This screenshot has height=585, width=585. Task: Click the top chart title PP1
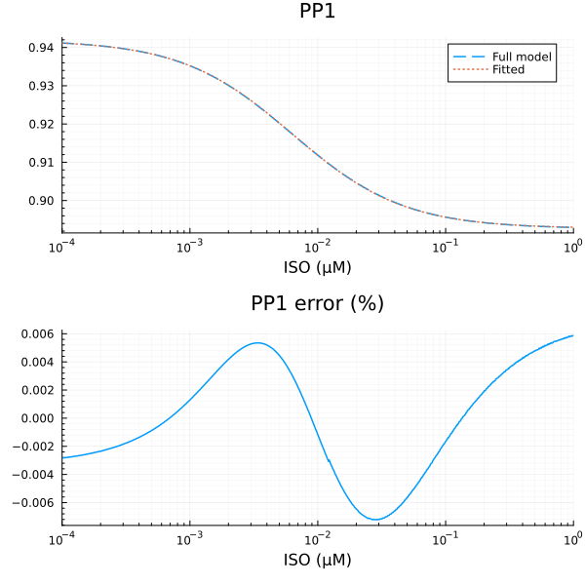point(318,13)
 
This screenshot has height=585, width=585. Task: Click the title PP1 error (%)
point(318,303)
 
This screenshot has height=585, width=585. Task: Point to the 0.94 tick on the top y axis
point(40,48)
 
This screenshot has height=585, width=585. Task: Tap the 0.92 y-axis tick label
point(40,124)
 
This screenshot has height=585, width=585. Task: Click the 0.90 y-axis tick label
point(40,201)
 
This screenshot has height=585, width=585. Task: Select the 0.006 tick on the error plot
point(36,333)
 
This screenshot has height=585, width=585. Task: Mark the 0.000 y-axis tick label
point(36,418)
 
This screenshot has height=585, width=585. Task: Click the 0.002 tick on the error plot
point(36,390)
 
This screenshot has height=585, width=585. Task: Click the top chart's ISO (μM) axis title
point(318,267)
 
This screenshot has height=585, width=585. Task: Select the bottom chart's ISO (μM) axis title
point(318,560)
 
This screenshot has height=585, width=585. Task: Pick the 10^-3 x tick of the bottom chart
point(190,537)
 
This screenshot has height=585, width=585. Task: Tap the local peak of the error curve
point(257,343)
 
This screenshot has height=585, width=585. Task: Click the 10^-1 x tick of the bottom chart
point(446,537)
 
